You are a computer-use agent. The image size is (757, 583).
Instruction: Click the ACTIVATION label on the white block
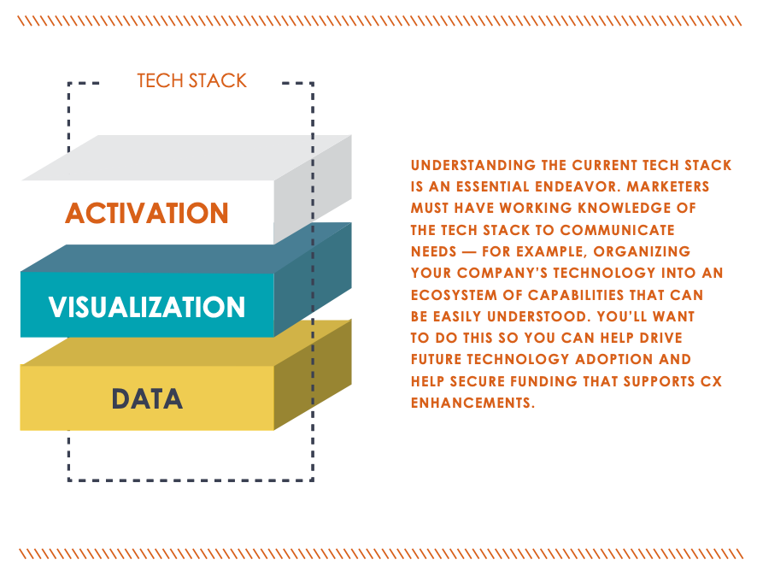147,213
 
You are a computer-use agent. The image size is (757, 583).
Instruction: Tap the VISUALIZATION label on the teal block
147,307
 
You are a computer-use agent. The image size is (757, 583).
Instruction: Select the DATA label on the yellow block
147,399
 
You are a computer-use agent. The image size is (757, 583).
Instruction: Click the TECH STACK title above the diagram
191,80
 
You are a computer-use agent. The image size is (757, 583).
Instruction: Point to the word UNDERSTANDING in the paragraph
473,165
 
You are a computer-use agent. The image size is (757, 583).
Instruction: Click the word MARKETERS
668,186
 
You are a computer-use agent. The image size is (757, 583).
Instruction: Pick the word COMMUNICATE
617,230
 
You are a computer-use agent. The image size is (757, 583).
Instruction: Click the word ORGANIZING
642,251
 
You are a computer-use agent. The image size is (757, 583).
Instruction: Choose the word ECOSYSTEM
454,295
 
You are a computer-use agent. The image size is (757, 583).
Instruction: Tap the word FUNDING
543,381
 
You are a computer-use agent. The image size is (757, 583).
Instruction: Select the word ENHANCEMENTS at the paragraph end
472,403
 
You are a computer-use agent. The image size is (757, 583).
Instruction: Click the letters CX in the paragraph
711,381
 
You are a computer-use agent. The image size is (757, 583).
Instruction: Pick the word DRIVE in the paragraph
661,338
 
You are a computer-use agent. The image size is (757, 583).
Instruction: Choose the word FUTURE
437,359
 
